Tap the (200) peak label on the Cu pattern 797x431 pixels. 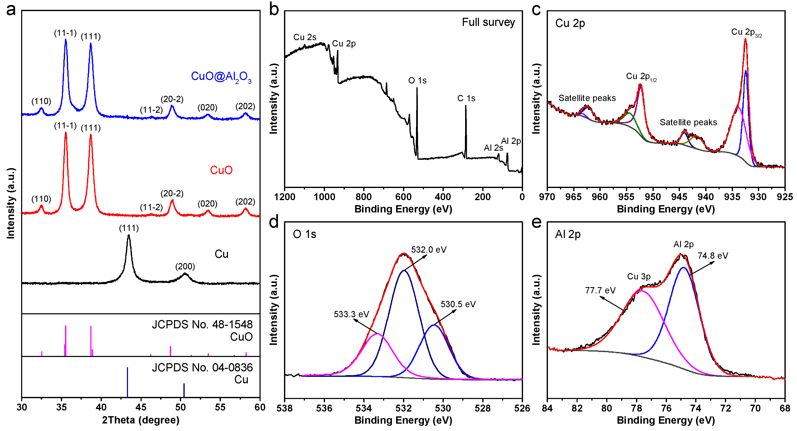[x=185, y=266]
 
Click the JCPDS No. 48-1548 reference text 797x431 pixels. [x=202, y=325]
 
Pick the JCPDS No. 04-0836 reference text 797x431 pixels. [x=202, y=368]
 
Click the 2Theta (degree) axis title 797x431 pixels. [x=141, y=420]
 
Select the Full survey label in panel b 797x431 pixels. [x=488, y=22]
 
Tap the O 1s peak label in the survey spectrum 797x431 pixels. [x=417, y=81]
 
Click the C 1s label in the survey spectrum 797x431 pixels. [x=466, y=98]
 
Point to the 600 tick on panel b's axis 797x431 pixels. [x=403, y=197]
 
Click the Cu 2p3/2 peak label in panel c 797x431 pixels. [x=746, y=32]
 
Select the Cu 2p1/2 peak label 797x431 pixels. [x=641, y=77]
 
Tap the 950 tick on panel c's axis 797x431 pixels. [x=653, y=197]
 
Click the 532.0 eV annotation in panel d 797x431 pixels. [x=429, y=250]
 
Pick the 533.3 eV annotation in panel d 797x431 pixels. [x=351, y=314]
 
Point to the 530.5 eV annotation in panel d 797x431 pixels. [x=458, y=304]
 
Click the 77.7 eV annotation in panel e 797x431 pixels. [x=600, y=290]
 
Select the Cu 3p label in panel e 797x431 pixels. [x=639, y=276]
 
